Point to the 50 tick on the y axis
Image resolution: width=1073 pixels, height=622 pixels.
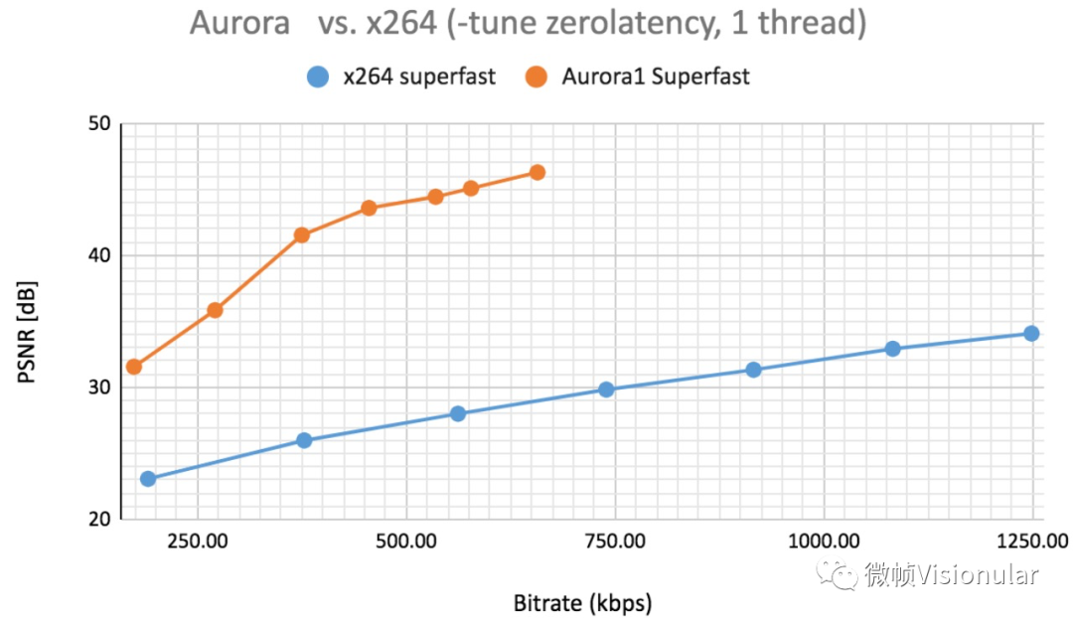tap(99, 124)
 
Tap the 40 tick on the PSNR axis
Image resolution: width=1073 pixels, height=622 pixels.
tap(99, 255)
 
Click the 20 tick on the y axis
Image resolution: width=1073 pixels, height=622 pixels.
tap(99, 519)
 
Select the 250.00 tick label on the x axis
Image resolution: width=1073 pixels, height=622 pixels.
tap(199, 542)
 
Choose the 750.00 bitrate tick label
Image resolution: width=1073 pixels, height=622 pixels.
tap(615, 542)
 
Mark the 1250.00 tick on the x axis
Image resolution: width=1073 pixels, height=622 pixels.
tap(1030, 542)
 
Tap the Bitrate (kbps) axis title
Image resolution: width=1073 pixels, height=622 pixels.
tap(582, 602)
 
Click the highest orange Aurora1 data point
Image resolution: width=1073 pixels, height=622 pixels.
tap(537, 173)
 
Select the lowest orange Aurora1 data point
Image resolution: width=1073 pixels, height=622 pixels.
tap(134, 367)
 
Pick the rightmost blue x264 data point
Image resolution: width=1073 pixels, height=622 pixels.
tap(1031, 334)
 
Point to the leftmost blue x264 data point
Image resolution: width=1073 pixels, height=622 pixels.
tap(148, 479)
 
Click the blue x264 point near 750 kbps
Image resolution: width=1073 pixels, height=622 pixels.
tap(606, 389)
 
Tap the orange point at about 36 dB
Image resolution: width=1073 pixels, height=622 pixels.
tap(215, 310)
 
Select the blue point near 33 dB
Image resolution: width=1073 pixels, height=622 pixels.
tap(892, 349)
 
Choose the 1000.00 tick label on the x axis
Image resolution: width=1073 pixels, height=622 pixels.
tap(824, 542)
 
